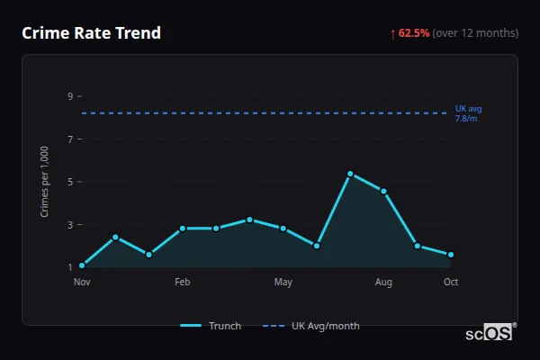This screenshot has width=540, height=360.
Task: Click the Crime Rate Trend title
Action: coord(91,33)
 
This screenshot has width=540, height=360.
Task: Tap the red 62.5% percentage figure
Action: coord(414,33)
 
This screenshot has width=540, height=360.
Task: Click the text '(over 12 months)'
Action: coord(475,33)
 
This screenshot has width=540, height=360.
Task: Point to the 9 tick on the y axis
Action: coord(69,96)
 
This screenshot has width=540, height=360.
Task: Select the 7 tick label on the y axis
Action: coord(69,139)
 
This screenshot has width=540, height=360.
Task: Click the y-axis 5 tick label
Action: coord(69,182)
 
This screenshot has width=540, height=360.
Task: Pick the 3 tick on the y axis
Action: coord(69,225)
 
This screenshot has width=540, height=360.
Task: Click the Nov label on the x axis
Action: coord(82,283)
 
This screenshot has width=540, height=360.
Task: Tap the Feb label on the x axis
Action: coord(182,283)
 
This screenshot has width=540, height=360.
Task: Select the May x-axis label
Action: coord(283,283)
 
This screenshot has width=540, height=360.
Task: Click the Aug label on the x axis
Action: coord(383,283)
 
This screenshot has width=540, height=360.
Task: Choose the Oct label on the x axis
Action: coord(451,283)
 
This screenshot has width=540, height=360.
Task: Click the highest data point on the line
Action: coord(350,174)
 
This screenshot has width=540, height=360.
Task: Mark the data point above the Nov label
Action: coord(82,265)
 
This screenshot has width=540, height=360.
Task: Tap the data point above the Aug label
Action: coord(383,191)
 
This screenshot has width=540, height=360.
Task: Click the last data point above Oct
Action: coord(451,255)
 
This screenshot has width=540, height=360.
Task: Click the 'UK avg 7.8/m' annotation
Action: coord(468,113)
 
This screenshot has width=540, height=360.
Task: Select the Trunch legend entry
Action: coord(211,326)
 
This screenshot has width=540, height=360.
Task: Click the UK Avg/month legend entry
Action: coord(312,326)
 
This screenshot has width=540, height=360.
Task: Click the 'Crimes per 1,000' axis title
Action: coord(45,182)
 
